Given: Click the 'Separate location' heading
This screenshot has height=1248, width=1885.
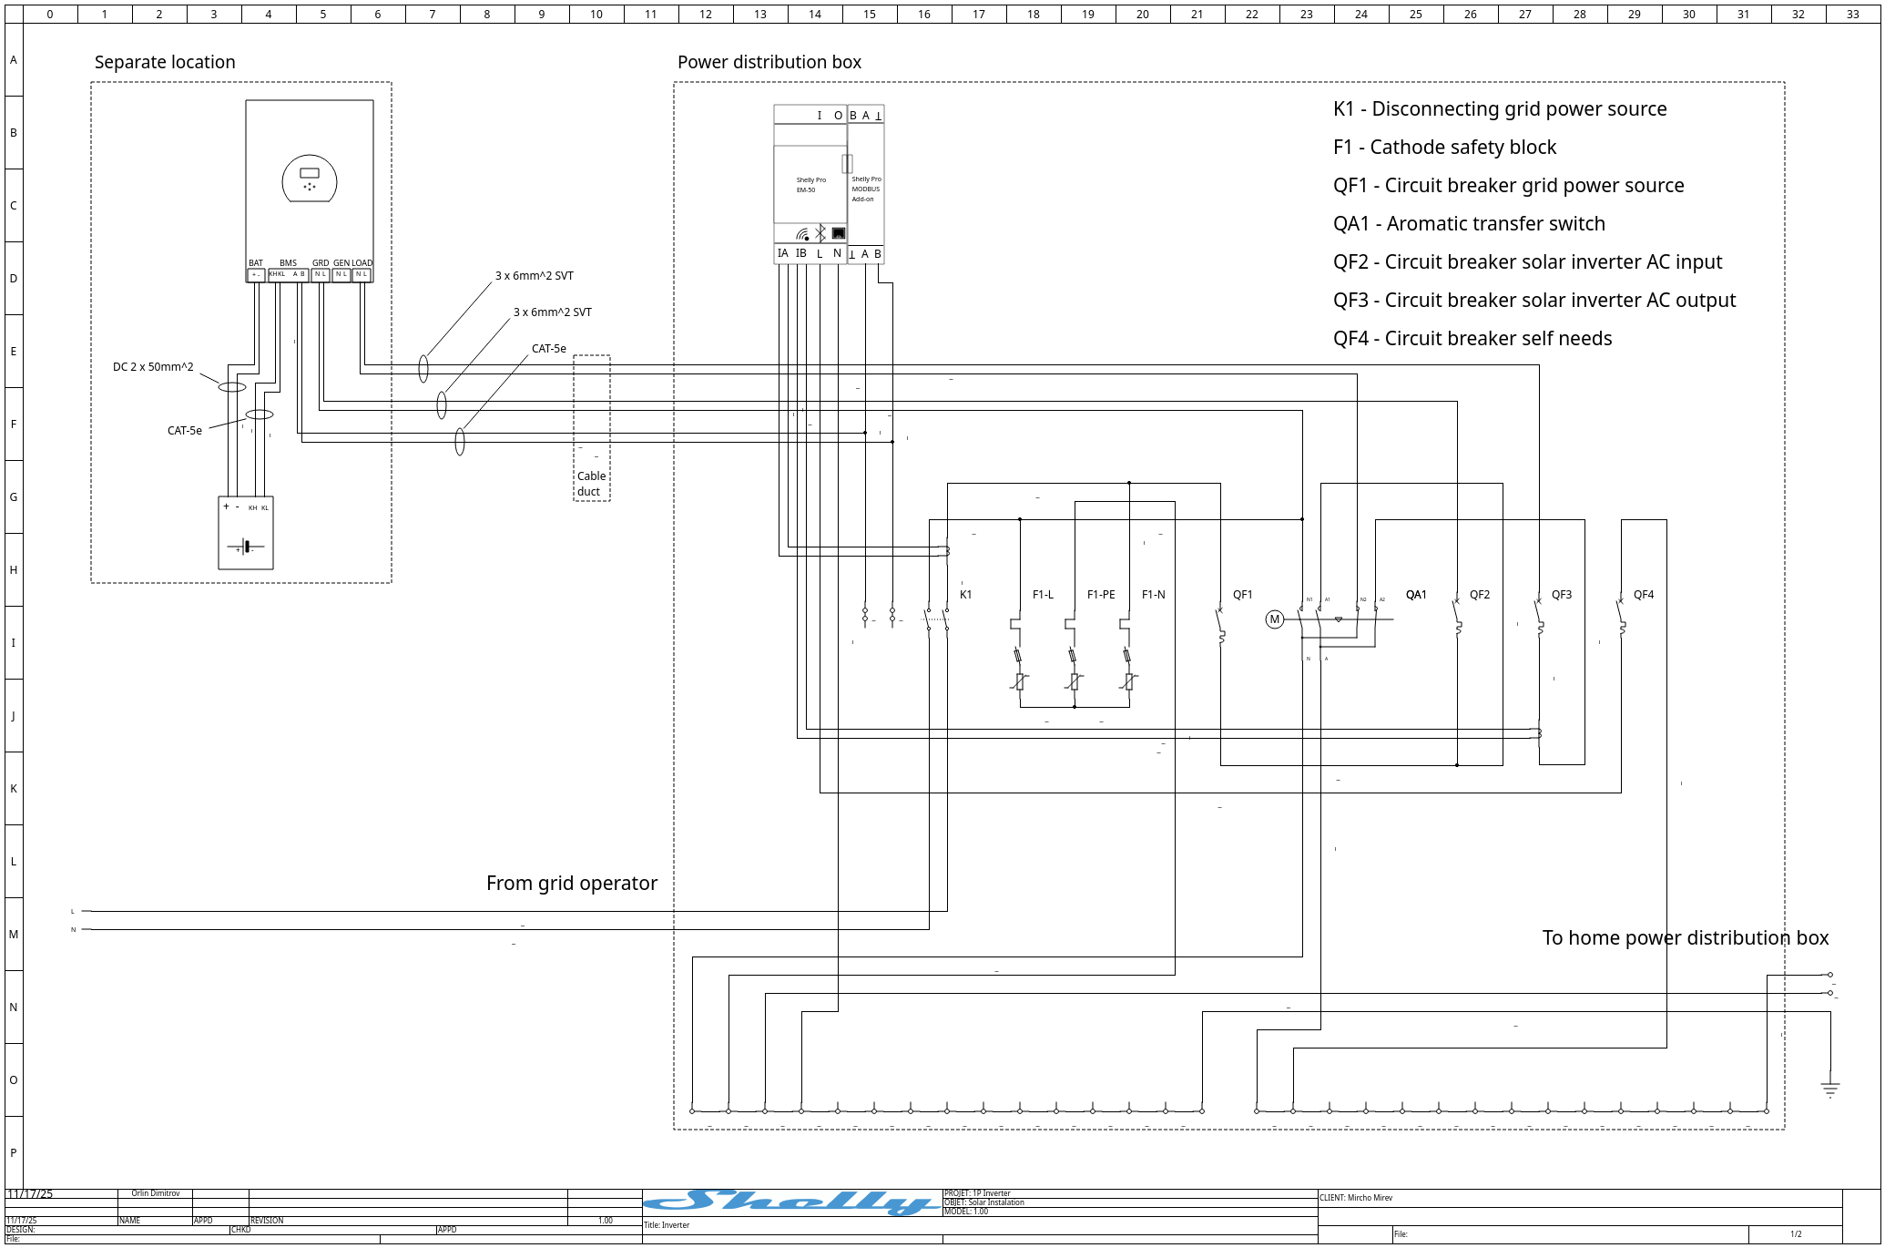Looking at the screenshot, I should point(165,62).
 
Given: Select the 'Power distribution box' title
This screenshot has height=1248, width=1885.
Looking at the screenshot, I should point(769,62).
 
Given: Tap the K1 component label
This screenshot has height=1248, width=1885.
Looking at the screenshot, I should point(965,595).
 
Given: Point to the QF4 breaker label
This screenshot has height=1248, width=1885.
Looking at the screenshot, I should point(1643,595).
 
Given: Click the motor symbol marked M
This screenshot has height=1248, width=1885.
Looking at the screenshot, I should point(1274,619).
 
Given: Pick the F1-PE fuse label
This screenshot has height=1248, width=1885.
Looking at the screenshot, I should point(1100,595).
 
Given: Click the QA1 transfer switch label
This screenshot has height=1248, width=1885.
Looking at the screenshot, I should point(1415,595).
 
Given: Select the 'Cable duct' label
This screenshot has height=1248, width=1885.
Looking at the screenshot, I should point(590,484).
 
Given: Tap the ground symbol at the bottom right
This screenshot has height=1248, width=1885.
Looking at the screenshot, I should point(1829,1089).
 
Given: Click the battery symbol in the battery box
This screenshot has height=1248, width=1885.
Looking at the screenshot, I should point(246,547).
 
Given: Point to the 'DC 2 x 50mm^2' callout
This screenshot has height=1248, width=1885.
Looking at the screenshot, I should point(153,367).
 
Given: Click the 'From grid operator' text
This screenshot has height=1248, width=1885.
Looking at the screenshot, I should point(571,883).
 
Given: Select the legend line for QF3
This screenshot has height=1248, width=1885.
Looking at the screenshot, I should point(1533,301).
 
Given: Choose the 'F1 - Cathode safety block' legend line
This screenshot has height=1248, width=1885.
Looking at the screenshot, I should point(1444,148).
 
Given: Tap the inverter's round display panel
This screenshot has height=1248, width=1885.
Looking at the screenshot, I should point(310,179).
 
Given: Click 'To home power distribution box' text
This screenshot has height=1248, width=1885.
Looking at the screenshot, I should point(1685,937).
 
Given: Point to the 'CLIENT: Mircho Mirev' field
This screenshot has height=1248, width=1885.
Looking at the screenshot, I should point(1356,1198).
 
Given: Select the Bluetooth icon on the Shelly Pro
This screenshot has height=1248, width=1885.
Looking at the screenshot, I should point(820,233).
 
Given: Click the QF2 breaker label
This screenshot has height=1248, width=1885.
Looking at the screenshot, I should point(1479,595).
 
